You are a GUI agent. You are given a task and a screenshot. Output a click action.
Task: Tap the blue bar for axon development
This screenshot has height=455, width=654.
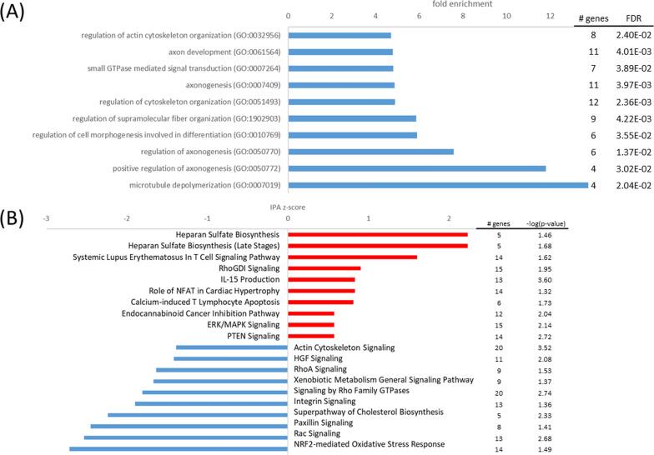[340, 52]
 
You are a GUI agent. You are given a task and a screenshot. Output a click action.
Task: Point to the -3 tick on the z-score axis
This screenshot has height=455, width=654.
[46, 222]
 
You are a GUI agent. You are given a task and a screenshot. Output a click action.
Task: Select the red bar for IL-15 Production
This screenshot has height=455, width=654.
[321, 279]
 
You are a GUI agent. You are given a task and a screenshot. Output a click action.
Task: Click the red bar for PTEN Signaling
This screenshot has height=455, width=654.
[311, 336]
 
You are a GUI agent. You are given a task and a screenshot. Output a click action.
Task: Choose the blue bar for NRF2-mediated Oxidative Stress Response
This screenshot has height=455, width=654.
[179, 448]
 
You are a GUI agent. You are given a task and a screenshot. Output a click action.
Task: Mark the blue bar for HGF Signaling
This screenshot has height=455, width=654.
[230, 358]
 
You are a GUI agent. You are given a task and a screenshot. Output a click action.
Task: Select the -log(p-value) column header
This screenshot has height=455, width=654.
[546, 223]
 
